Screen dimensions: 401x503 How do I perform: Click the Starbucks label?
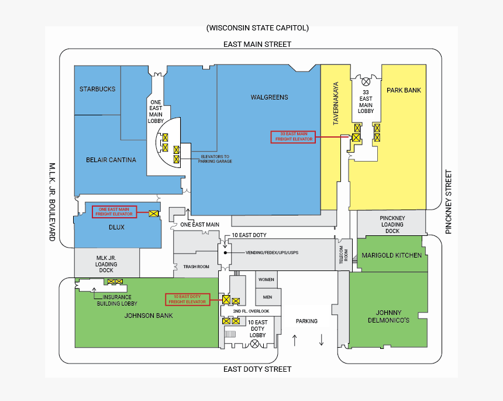(x=98, y=89)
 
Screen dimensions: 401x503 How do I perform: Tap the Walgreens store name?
(x=269, y=97)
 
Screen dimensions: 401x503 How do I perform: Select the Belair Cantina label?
(x=111, y=160)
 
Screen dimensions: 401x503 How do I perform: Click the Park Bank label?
(x=404, y=90)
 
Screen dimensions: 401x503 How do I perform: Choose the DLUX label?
(x=116, y=227)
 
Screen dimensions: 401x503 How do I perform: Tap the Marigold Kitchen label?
(x=391, y=255)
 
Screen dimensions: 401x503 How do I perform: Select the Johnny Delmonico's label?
(x=388, y=316)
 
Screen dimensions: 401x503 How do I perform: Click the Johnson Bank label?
(x=149, y=316)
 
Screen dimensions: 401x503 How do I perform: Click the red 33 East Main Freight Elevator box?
(x=293, y=137)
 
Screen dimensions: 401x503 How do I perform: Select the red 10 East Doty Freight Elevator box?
(x=187, y=299)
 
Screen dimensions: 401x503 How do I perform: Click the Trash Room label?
(x=196, y=266)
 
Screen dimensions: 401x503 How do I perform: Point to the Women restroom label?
(x=266, y=280)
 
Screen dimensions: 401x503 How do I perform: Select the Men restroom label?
(x=267, y=297)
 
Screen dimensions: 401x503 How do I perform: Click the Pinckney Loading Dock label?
(x=392, y=224)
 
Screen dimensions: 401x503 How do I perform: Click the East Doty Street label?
(x=257, y=369)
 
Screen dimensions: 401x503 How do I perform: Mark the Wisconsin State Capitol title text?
(x=257, y=28)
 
